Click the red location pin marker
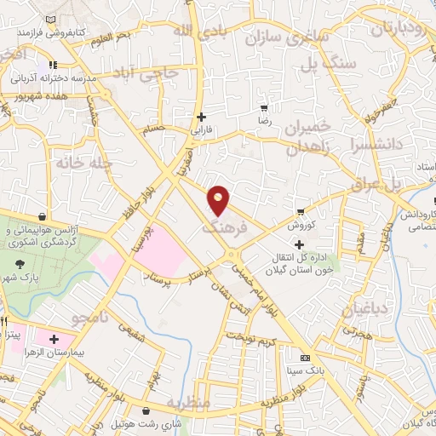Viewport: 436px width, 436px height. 220,200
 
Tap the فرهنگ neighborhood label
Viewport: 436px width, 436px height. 224,228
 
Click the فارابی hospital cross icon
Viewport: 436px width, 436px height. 201,117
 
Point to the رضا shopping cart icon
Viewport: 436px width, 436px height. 265,109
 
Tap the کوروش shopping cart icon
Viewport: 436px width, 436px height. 300,211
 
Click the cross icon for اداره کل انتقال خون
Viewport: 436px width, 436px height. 298,245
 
